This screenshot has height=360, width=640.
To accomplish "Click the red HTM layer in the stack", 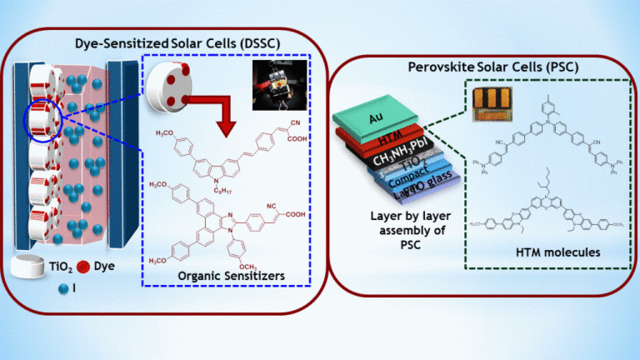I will tap(379, 138).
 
